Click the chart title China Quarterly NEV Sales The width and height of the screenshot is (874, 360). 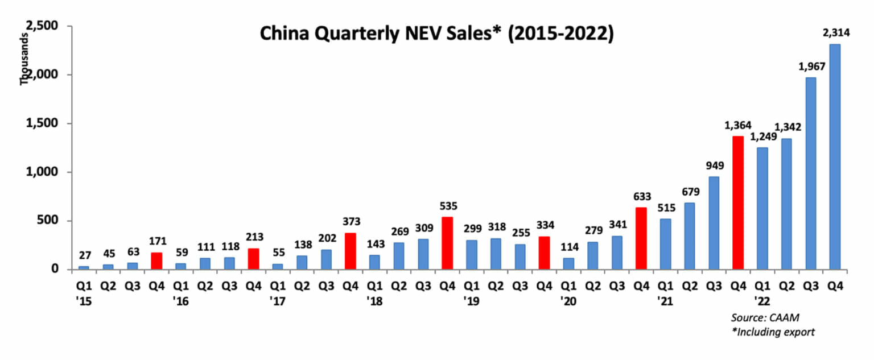pyautogui.click(x=436, y=34)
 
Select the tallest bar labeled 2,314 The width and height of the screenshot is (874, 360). pyautogui.click(x=835, y=156)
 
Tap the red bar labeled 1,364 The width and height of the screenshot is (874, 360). pyautogui.click(x=738, y=202)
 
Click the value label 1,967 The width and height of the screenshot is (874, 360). pyautogui.click(x=811, y=67)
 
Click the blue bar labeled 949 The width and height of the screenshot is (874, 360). pyautogui.click(x=714, y=222)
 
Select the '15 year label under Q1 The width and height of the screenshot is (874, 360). pyautogui.click(x=83, y=302)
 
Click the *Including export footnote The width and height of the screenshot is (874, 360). pyautogui.click(x=773, y=332)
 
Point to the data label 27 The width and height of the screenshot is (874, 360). pyautogui.click(x=83, y=256)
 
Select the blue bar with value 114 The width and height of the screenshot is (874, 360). pyautogui.click(x=568, y=263)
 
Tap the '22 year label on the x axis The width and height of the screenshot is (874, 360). pyautogui.click(x=762, y=302)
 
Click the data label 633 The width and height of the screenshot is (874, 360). pyautogui.click(x=641, y=197)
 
